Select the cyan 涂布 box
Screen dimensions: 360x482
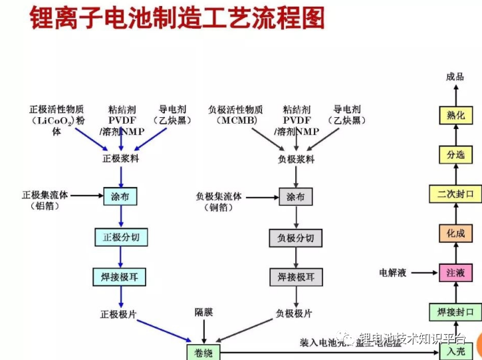click(120, 196)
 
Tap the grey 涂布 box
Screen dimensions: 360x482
click(295, 197)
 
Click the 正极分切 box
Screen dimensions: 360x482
click(120, 237)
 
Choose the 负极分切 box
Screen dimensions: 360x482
click(295, 238)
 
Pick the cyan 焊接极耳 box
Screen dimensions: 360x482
click(120, 275)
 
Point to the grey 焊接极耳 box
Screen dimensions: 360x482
click(295, 276)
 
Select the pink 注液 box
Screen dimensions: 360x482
click(455, 273)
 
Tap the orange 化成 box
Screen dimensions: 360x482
click(455, 234)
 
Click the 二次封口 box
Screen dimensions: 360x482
click(455, 194)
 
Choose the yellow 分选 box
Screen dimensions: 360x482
click(455, 155)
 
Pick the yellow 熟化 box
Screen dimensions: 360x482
click(455, 115)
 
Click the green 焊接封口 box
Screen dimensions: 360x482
click(455, 312)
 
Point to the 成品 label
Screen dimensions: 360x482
click(455, 77)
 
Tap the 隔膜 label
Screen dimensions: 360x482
click(204, 311)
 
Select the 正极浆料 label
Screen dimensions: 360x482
click(120, 159)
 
